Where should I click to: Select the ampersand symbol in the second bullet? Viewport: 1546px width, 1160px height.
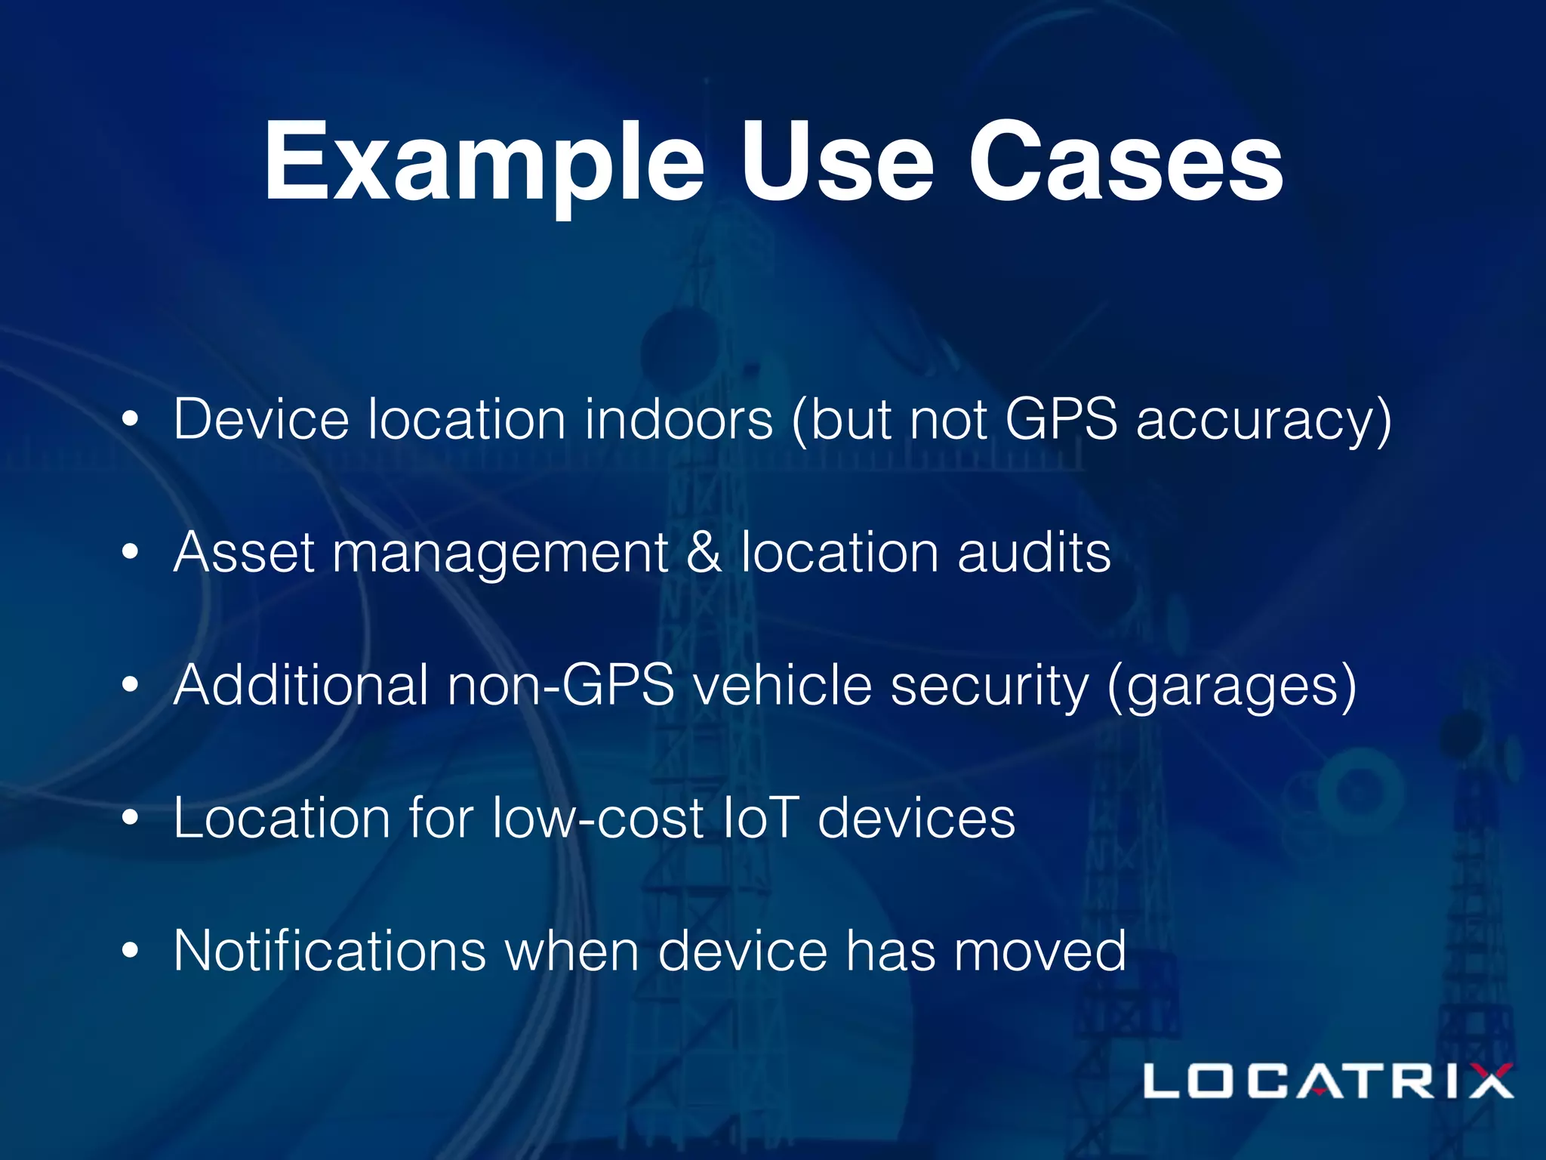click(x=704, y=552)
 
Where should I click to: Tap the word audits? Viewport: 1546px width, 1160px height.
click(x=1034, y=552)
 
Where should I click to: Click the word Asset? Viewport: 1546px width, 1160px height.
click(x=244, y=552)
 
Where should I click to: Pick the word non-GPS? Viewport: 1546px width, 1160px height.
click(x=560, y=685)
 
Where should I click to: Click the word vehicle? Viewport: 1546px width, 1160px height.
click(x=782, y=685)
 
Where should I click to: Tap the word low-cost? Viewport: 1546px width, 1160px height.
click(x=597, y=818)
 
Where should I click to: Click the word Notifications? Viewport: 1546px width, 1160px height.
click(x=330, y=951)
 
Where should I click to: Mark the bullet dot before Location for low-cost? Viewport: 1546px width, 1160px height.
click(x=131, y=818)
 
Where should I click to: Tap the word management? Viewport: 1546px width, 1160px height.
click(x=500, y=554)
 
